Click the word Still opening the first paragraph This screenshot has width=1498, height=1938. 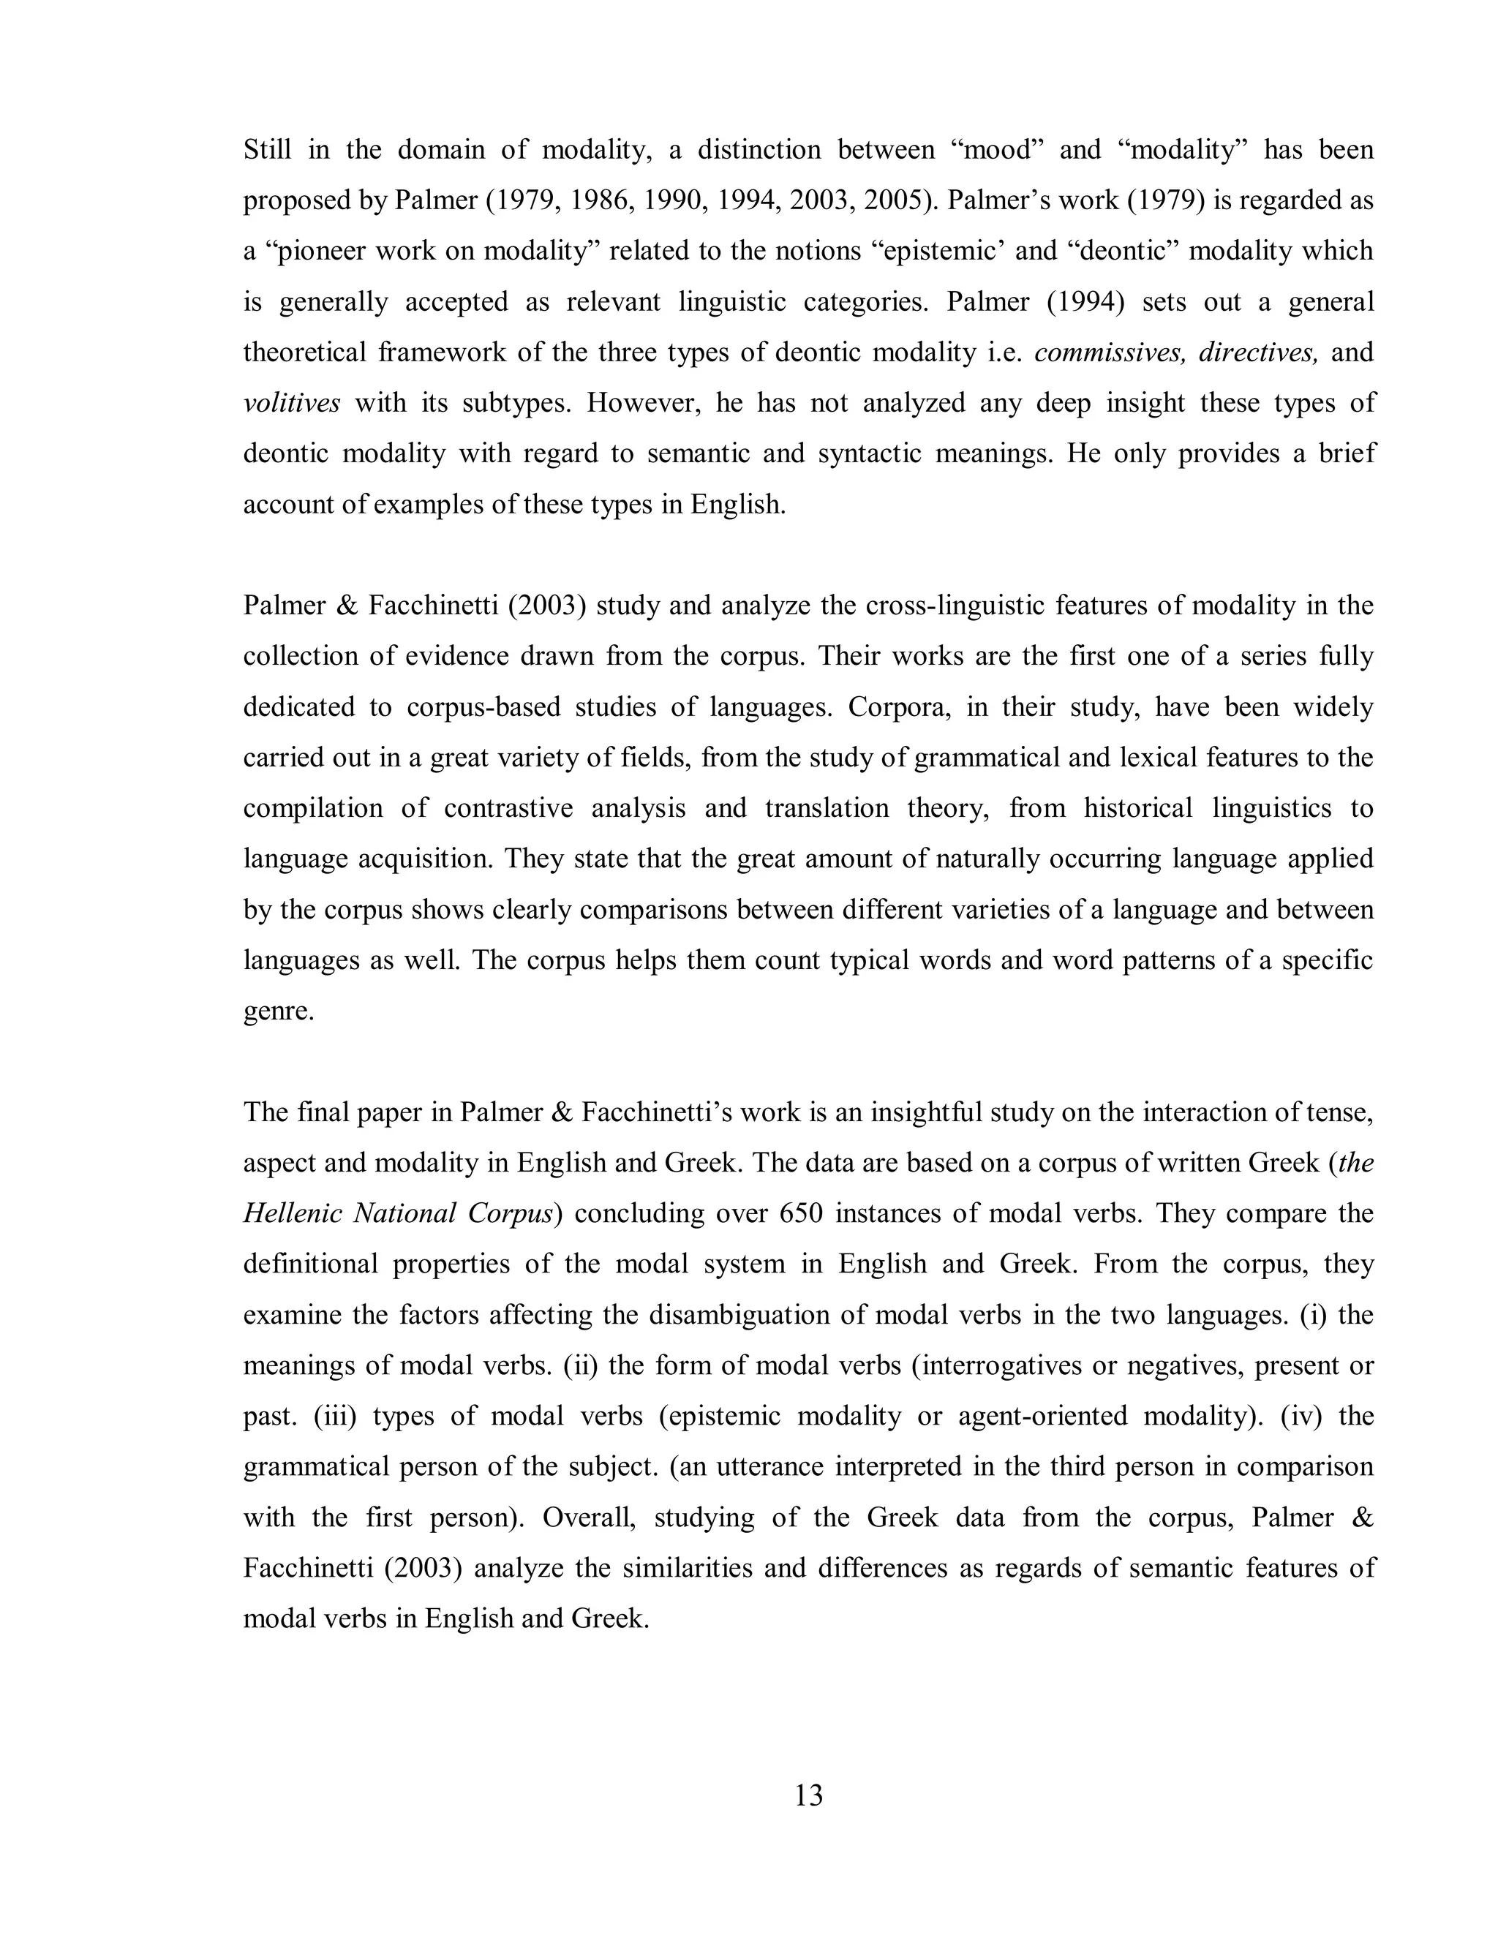point(267,150)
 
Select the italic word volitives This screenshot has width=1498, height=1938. point(291,404)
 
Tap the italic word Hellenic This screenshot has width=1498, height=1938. point(291,1214)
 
